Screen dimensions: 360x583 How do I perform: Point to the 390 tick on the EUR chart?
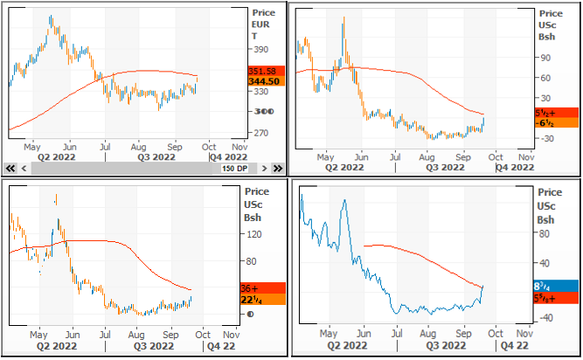pyautogui.click(x=260, y=50)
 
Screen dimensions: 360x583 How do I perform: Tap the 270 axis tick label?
pyautogui.click(x=260, y=133)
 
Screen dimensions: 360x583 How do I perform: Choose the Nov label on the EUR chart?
pyautogui.click(x=237, y=146)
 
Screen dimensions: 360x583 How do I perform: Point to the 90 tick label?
pyautogui.click(x=546, y=58)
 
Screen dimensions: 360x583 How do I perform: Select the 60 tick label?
pyautogui.click(x=546, y=78)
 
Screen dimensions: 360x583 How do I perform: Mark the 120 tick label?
pyautogui.click(x=255, y=234)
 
